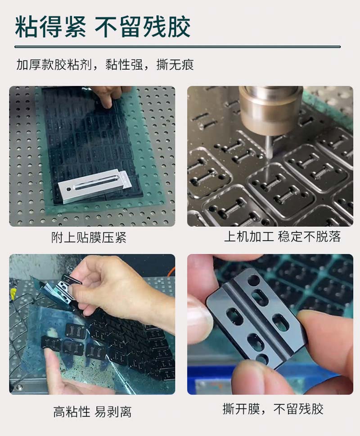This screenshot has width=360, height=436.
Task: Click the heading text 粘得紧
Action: pos(50,27)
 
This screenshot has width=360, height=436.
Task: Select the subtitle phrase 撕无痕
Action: pos(175,65)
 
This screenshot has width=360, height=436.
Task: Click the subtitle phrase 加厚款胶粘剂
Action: pos(54,65)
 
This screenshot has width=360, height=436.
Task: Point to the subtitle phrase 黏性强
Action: pos(124,65)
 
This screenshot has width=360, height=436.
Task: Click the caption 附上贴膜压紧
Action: pos(89,238)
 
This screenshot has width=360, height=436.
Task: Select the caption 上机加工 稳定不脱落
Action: pos(283,236)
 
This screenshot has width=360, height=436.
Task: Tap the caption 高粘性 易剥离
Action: pos(92,412)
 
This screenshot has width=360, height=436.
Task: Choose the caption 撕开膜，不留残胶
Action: pos(273,409)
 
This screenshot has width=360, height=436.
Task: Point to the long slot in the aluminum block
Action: pos(96,182)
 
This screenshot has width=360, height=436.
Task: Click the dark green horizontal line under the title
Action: pos(178,47)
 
